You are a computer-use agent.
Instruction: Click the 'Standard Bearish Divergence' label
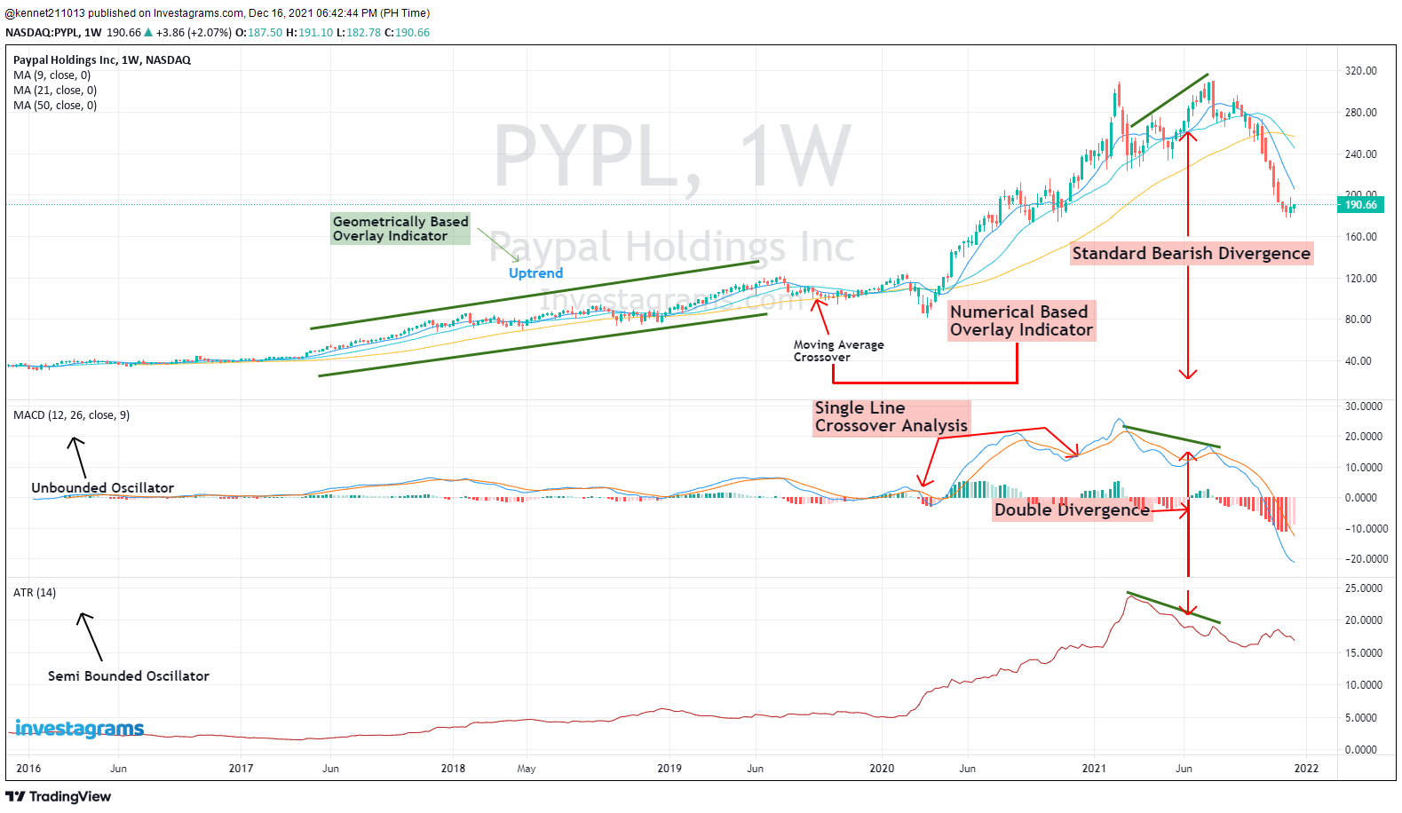click(1191, 254)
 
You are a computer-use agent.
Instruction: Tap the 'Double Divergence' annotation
click(1072, 509)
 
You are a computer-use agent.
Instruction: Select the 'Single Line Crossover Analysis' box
click(891, 417)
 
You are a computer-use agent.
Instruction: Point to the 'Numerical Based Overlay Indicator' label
click(1020, 320)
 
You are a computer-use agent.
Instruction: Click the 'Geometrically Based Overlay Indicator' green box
click(400, 229)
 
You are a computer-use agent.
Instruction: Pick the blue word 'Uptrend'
click(535, 273)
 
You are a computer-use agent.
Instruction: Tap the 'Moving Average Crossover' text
click(838, 351)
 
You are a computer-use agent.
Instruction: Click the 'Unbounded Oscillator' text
click(102, 488)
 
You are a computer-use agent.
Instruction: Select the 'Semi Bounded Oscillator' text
click(128, 676)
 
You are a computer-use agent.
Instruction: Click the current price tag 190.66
click(1360, 205)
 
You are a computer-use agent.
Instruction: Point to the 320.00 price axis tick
click(1360, 71)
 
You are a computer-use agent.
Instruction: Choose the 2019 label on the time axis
click(669, 769)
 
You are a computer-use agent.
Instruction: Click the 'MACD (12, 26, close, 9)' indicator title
click(71, 415)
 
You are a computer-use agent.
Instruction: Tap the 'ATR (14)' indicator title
click(35, 593)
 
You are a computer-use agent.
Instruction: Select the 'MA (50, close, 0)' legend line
click(55, 106)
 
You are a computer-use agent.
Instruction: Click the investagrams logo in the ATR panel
click(80, 729)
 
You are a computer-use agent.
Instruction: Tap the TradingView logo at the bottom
click(59, 797)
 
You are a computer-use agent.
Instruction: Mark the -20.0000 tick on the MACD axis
click(1366, 559)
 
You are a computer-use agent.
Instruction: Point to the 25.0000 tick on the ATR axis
click(1364, 588)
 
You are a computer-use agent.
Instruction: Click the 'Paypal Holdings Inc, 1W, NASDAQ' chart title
click(102, 60)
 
